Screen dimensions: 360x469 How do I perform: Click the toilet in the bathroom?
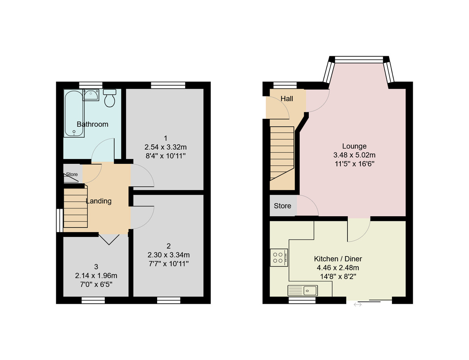coord(110,98)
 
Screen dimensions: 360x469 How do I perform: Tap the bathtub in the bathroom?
coord(73,113)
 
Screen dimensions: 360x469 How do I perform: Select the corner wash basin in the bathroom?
coord(91,95)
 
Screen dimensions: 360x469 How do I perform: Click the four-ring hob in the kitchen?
coord(279,258)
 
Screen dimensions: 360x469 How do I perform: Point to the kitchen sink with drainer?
coord(303,290)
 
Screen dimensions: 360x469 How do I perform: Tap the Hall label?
coord(287,99)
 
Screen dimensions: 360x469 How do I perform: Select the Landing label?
coord(98,201)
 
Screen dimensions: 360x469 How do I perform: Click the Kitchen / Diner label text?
coord(338,259)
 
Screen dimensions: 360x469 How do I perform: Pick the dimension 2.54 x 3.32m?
coord(165,147)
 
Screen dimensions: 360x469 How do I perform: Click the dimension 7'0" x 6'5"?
coord(96,284)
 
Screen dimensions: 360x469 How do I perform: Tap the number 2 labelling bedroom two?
coord(168,246)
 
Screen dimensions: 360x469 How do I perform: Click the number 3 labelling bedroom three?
coord(96,267)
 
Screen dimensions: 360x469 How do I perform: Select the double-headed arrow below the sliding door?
coord(357,304)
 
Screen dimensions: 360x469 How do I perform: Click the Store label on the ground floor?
coord(282,206)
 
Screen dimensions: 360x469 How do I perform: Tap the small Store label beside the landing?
coord(72,174)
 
